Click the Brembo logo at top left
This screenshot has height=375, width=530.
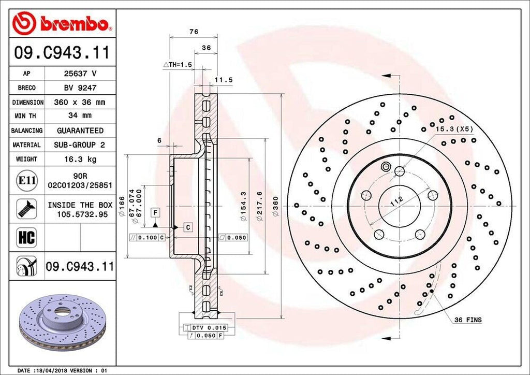[62, 23]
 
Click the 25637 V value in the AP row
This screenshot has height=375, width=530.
[80, 74]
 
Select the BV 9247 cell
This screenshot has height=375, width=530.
[80, 88]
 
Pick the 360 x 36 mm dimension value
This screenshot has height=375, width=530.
[80, 103]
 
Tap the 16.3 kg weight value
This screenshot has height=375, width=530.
[80, 159]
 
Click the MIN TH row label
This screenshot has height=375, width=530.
[26, 117]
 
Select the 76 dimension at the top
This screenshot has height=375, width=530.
[194, 32]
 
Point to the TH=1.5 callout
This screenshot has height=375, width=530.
[178, 64]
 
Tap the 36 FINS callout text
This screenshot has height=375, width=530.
[467, 320]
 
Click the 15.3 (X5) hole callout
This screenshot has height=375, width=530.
[454, 128]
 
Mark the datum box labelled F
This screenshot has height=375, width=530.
[155, 212]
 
